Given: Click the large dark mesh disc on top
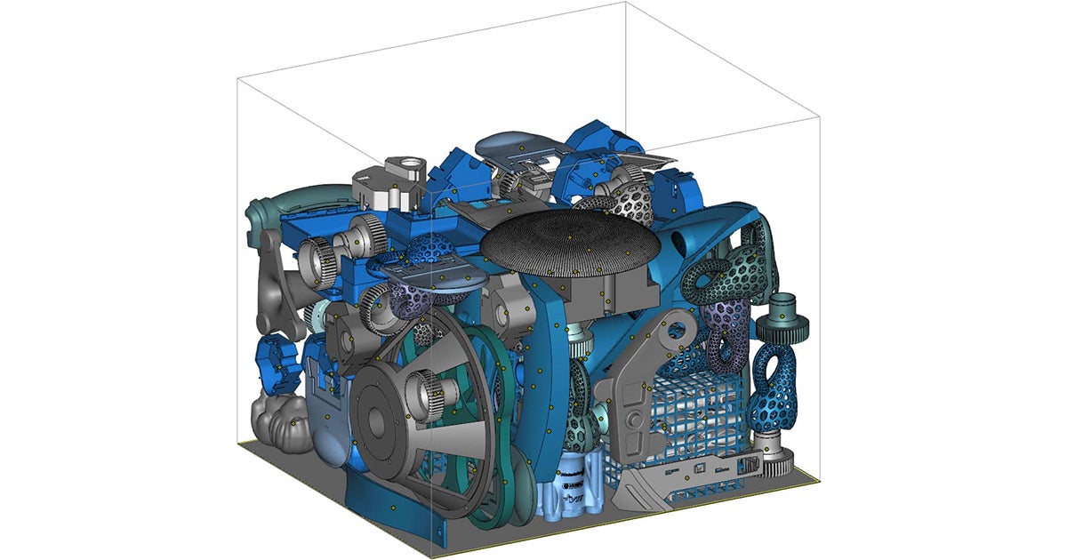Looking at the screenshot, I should pyautogui.click(x=569, y=242).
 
